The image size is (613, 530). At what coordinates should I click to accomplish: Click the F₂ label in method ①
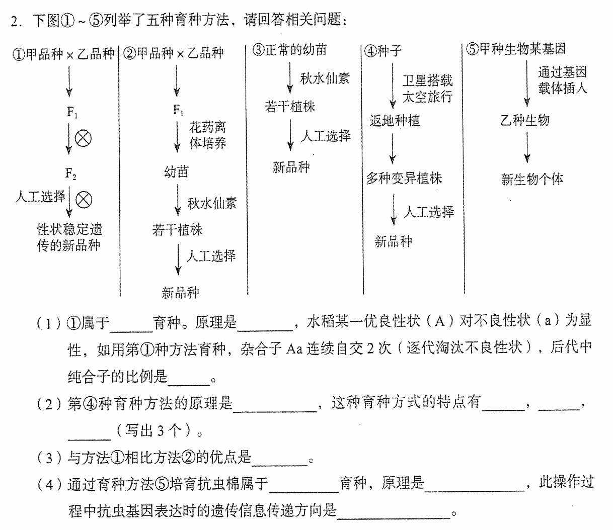click(70, 173)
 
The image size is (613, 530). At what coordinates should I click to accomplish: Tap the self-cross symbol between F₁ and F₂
click(83, 139)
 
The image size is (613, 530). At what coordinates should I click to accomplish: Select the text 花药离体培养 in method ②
click(207, 135)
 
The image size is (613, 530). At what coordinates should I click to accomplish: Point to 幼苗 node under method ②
click(177, 172)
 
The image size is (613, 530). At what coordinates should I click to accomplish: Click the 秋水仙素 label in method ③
click(325, 78)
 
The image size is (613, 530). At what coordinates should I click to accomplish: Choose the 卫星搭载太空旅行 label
click(427, 89)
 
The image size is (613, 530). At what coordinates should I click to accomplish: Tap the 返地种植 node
click(395, 120)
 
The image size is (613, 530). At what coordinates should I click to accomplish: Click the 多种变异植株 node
click(404, 178)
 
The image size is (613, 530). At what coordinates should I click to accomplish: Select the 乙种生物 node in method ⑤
click(525, 120)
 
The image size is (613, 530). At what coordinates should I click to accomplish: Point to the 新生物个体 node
click(532, 179)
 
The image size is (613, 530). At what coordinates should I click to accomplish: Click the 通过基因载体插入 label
click(563, 80)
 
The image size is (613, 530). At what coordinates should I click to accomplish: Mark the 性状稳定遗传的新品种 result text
click(69, 237)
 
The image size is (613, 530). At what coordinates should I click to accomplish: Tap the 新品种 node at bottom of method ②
click(180, 293)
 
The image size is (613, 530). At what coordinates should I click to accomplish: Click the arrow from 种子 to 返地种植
click(393, 86)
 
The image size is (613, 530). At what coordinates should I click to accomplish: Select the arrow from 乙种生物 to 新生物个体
click(527, 147)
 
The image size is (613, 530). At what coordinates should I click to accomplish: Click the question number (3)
click(49, 458)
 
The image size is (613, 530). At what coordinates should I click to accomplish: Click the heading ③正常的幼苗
click(290, 50)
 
